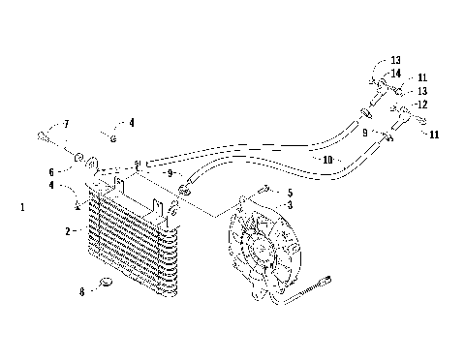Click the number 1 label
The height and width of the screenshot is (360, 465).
pyautogui.click(x=22, y=207)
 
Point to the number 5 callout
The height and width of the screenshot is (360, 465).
pyautogui.click(x=288, y=192)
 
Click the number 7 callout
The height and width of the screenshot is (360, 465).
pyautogui.click(x=66, y=125)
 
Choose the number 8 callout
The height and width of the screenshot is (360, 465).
pyautogui.click(x=81, y=289)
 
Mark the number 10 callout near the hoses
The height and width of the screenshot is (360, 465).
pyautogui.click(x=328, y=159)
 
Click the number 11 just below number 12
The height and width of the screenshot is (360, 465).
pyautogui.click(x=433, y=135)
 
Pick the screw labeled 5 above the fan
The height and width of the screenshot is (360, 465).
pyautogui.click(x=263, y=192)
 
